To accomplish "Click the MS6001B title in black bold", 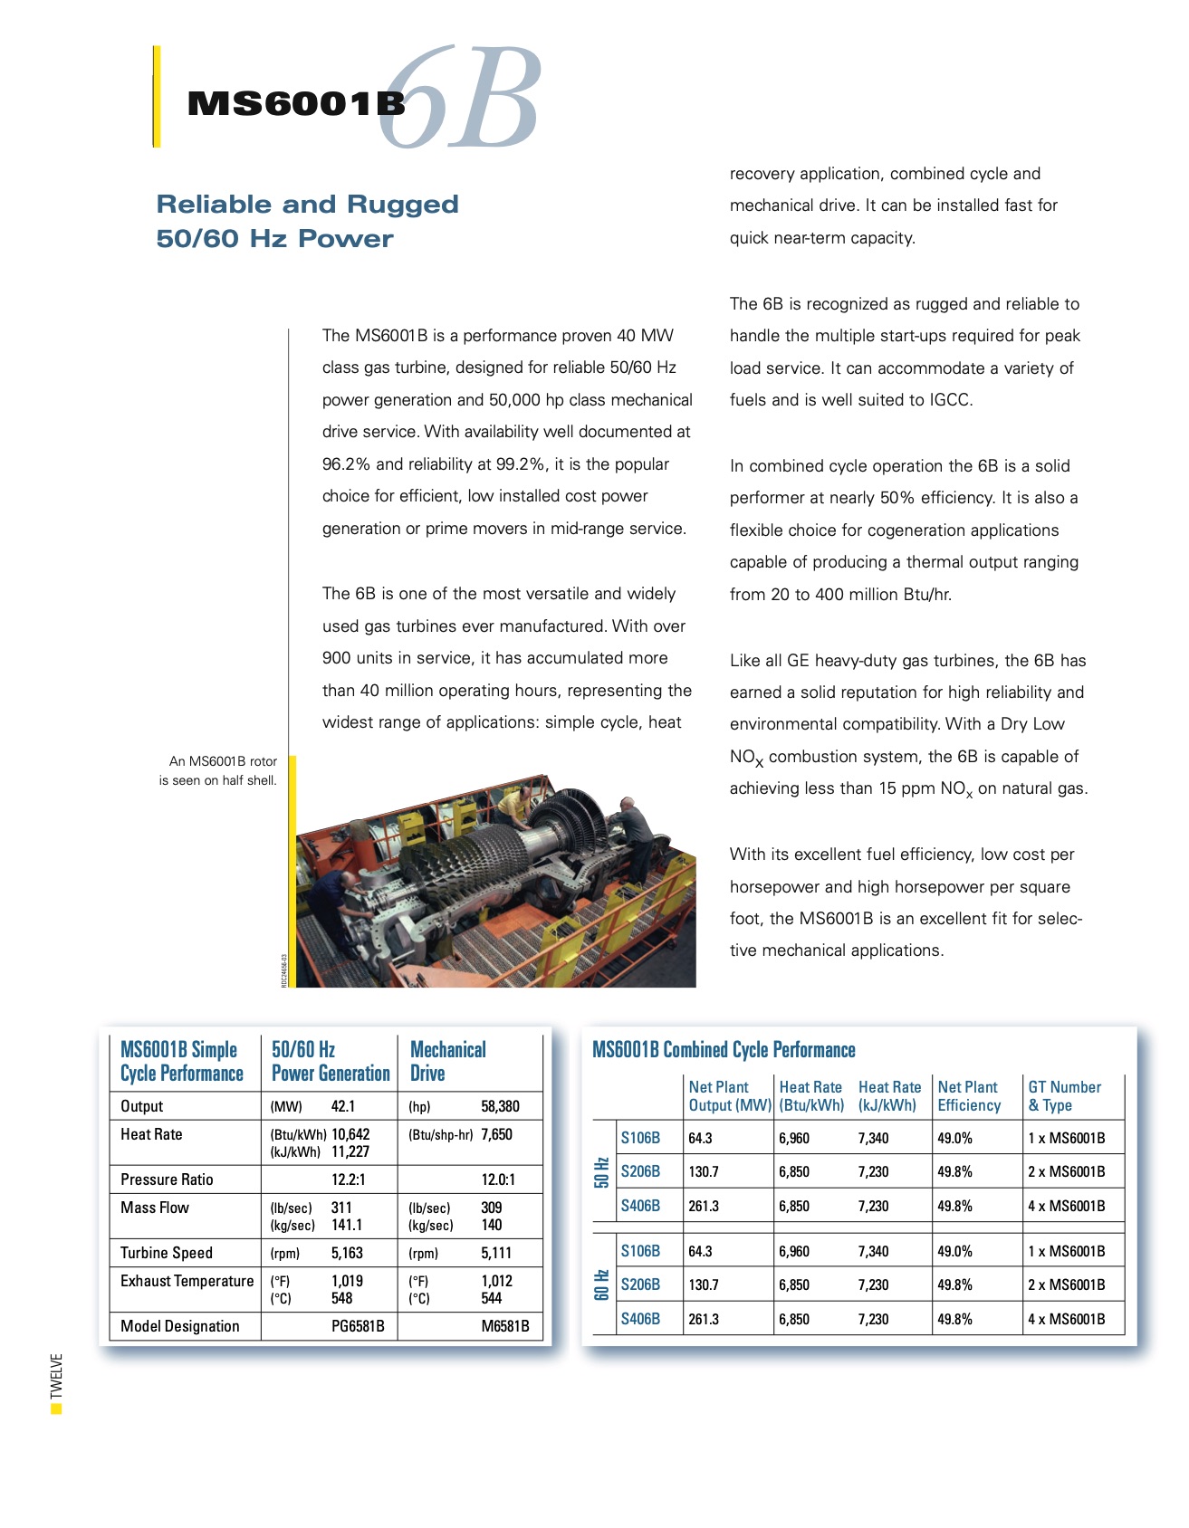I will click(x=295, y=104).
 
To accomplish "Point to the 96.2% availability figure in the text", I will click(x=346, y=464).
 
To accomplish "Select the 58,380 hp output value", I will click(x=500, y=1106).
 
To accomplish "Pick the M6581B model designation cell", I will click(x=504, y=1326).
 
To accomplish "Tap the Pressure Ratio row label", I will click(x=167, y=1179).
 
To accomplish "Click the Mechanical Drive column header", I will click(x=448, y=1061).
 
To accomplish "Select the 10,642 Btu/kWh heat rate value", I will click(x=350, y=1134).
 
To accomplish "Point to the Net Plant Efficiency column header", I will click(x=968, y=1096).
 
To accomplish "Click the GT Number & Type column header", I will click(x=1064, y=1096).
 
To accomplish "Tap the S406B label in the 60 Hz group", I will click(x=640, y=1319).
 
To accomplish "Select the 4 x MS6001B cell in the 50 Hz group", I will click(x=1066, y=1206).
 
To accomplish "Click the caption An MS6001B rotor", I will click(x=223, y=761).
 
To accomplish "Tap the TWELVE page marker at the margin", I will click(x=57, y=1377).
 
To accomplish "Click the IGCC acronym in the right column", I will click(x=949, y=400).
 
